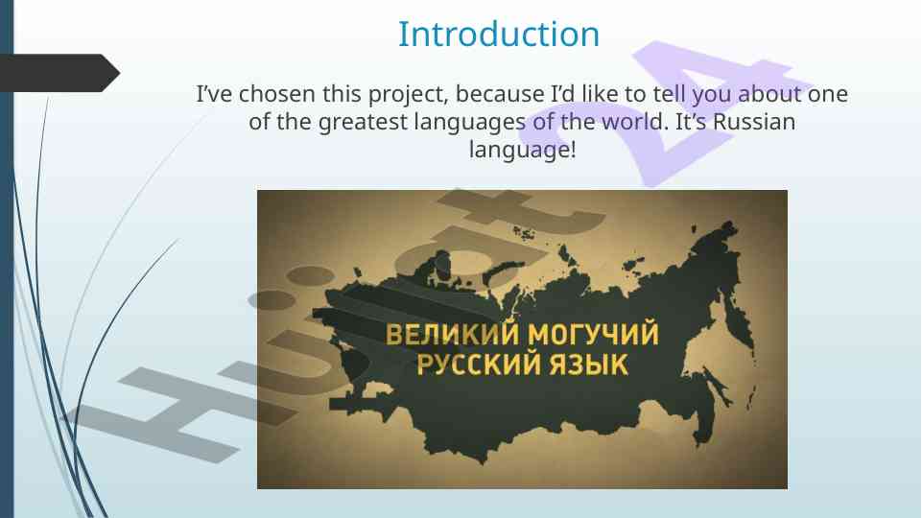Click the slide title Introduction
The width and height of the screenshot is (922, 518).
499,35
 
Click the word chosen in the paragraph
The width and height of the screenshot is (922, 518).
276,93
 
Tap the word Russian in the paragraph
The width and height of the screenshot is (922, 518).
754,122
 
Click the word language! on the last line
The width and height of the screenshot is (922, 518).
522,150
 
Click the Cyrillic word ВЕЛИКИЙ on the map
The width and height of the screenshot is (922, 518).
453,334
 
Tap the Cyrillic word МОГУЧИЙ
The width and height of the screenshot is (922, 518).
593,334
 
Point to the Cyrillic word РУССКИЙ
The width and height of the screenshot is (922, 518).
479,364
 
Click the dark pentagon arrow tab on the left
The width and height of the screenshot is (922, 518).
59,73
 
